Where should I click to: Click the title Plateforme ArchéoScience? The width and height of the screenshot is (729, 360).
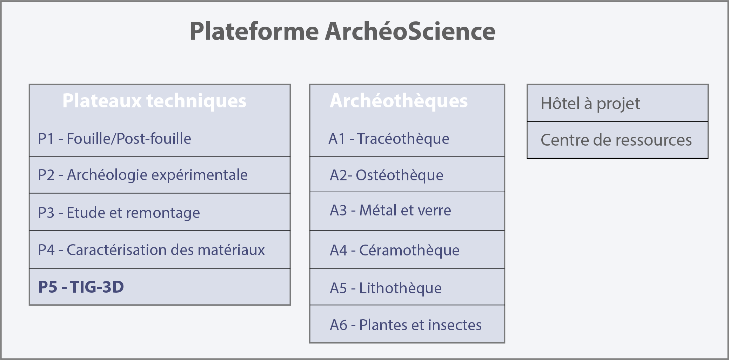342,31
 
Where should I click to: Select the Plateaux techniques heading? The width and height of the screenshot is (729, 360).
154,101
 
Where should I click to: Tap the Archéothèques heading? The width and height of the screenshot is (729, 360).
399,101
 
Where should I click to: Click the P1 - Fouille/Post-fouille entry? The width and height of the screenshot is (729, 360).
114,139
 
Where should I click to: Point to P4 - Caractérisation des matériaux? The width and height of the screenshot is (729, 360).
151,250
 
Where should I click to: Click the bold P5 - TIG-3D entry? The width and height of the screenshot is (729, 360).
81,287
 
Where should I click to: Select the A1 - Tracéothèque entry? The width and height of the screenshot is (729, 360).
389,139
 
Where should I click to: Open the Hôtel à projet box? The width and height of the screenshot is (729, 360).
618,103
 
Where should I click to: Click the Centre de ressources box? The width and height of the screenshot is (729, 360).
618,140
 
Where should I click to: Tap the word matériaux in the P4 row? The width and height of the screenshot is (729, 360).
231,250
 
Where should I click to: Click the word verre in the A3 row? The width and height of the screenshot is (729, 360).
434,211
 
